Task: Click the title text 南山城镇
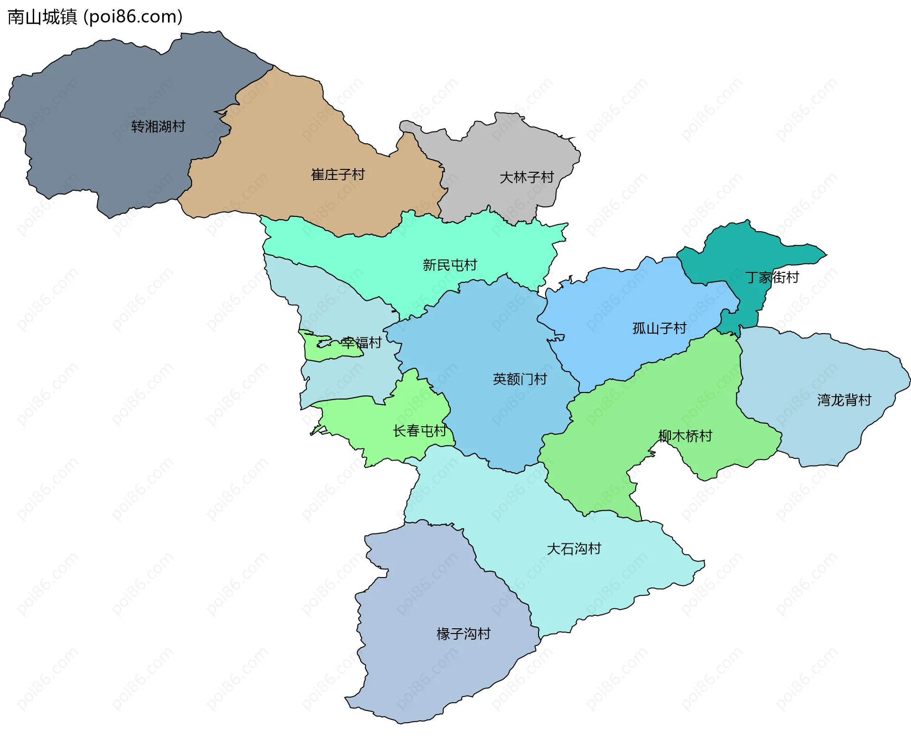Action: pyautogui.click(x=42, y=17)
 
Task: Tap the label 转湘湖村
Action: pyautogui.click(x=158, y=127)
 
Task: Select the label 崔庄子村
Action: pyautogui.click(x=338, y=175)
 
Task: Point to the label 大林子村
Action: pyautogui.click(x=527, y=177)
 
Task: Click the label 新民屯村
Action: pyautogui.click(x=450, y=265)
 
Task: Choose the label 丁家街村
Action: pyautogui.click(x=772, y=277)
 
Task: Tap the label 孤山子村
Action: pyautogui.click(x=660, y=328)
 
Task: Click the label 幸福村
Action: pyautogui.click(x=362, y=343)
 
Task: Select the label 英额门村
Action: pyautogui.click(x=520, y=379)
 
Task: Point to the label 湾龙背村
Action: pyautogui.click(x=844, y=400)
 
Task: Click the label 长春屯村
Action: pyautogui.click(x=420, y=431)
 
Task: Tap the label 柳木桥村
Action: pyautogui.click(x=685, y=436)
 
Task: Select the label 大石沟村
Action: pyautogui.click(x=574, y=549)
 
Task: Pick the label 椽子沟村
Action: pyautogui.click(x=464, y=634)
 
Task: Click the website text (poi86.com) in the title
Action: pyautogui.click(x=133, y=17)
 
